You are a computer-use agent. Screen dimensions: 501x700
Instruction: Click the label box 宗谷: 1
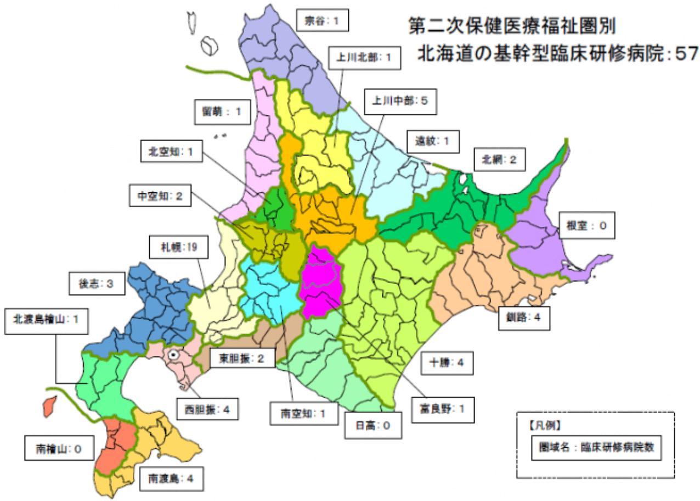click(x=322, y=21)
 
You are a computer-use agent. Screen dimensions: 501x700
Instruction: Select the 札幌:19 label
click(x=172, y=247)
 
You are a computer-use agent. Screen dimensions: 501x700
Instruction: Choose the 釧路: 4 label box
click(x=524, y=318)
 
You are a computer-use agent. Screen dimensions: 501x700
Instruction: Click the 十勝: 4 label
click(x=448, y=363)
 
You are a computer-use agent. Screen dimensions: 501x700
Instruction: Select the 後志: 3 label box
click(x=98, y=285)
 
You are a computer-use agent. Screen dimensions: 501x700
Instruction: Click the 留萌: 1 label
click(x=223, y=112)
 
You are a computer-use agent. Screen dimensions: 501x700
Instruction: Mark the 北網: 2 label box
click(x=499, y=160)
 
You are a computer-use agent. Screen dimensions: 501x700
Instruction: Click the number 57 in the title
click(x=685, y=53)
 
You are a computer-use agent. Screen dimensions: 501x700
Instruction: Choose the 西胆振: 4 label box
click(x=203, y=409)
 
